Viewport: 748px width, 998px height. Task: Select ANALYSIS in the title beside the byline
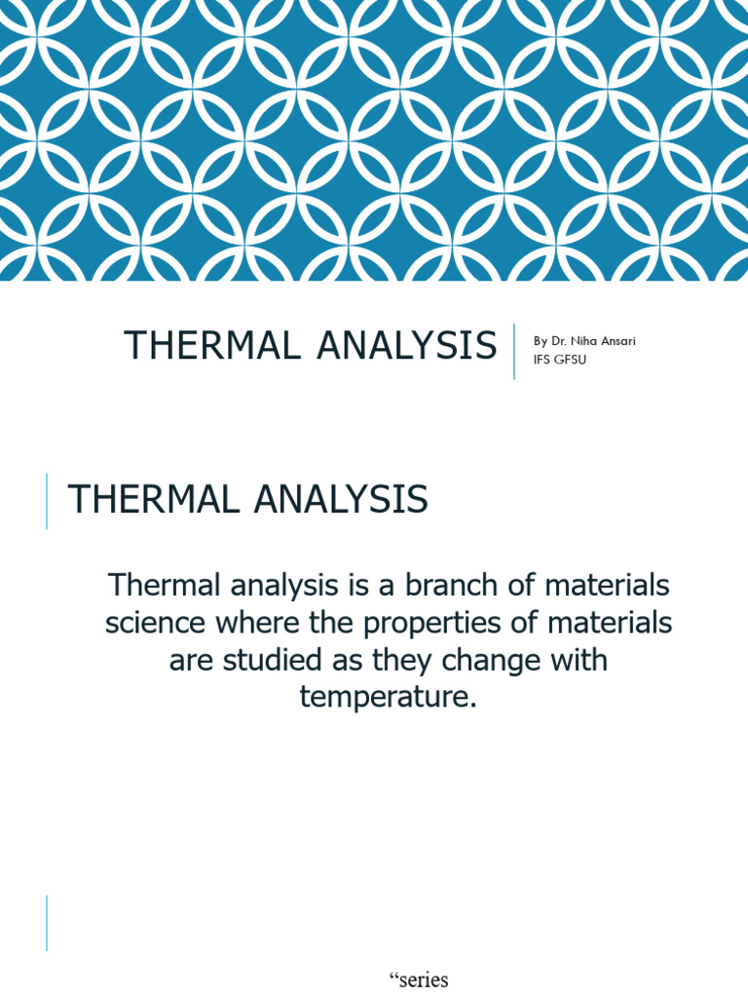click(407, 346)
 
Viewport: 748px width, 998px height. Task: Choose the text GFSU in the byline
click(572, 360)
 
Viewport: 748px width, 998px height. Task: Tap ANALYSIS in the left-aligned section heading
click(340, 500)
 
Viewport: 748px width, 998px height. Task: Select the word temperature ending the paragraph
click(387, 697)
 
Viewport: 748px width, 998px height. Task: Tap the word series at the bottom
click(423, 980)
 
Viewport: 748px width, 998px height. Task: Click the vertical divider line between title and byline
click(514, 351)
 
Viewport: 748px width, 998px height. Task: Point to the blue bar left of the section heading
click(47, 501)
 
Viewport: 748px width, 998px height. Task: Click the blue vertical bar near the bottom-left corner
click(47, 923)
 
